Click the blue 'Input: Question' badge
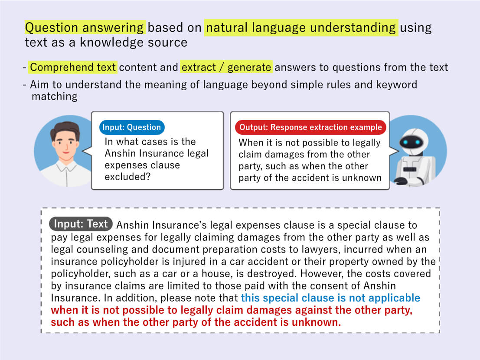coord(132,127)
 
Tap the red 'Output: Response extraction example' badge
coord(310,127)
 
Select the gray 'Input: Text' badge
coord(81,224)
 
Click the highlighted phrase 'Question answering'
coord(85,28)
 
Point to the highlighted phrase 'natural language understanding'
coord(301,28)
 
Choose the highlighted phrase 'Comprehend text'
coord(73,67)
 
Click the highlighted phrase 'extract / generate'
coord(226,67)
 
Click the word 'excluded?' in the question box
coord(127,177)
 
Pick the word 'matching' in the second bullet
coord(55,96)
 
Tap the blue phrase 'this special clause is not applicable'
coord(330,298)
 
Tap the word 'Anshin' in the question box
coord(120,153)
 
